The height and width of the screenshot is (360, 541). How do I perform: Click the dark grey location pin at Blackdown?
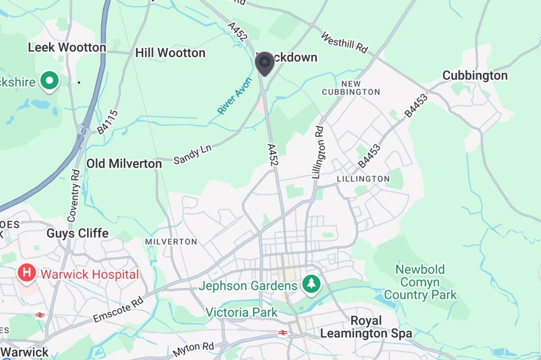click(x=264, y=63)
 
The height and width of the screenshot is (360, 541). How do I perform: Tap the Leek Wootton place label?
click(x=67, y=48)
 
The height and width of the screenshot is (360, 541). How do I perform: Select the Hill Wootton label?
click(x=170, y=53)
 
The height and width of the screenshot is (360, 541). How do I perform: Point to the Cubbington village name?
click(x=474, y=75)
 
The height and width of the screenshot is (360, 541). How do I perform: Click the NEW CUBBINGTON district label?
click(x=351, y=88)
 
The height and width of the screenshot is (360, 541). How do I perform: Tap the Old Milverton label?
click(x=124, y=164)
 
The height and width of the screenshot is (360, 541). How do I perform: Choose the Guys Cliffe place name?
click(x=77, y=233)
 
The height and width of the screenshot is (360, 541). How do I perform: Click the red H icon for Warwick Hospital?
click(x=26, y=273)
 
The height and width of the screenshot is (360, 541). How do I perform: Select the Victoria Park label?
click(x=241, y=312)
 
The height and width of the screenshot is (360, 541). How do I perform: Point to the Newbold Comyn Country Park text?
click(x=421, y=282)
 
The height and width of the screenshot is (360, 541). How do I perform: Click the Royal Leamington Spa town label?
click(x=366, y=327)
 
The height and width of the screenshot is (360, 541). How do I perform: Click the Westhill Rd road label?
click(x=344, y=42)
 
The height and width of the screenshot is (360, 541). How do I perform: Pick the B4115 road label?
click(x=108, y=122)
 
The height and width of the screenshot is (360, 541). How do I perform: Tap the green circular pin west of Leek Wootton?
click(x=50, y=81)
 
